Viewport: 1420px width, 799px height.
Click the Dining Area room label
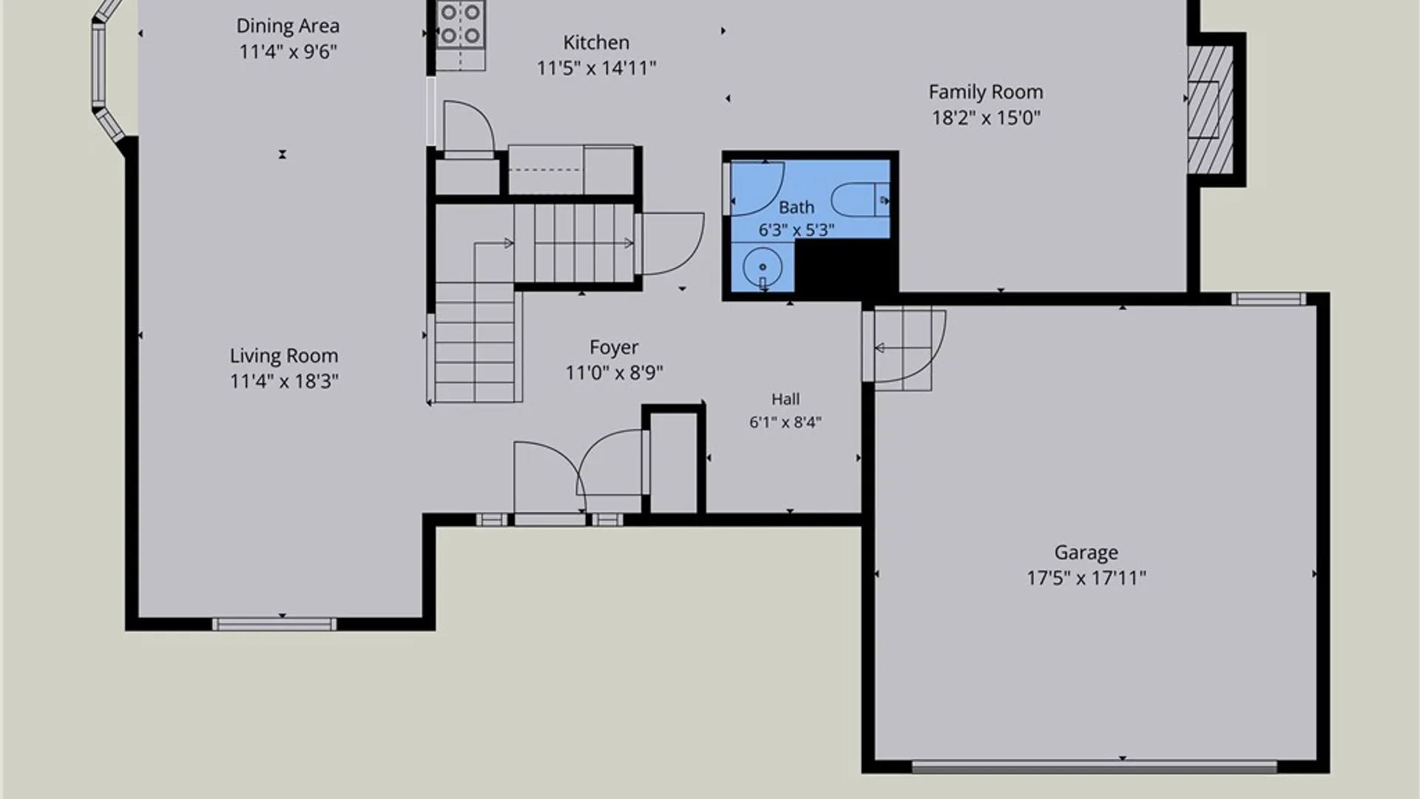[x=288, y=26]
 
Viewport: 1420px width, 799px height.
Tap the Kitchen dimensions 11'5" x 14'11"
[x=596, y=68]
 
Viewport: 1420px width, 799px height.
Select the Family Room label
[x=986, y=92]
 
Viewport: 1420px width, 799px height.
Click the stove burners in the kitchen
[x=460, y=24]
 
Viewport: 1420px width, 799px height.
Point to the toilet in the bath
[x=860, y=199]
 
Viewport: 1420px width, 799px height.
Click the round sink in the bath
[x=762, y=266]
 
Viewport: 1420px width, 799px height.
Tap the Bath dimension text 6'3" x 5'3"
[x=796, y=230]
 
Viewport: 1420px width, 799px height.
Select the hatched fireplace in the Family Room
[x=1210, y=109]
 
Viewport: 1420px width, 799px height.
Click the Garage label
[x=1086, y=553]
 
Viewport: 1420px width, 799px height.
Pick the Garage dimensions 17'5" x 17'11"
[x=1086, y=578]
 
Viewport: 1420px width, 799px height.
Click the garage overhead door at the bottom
[x=1095, y=767]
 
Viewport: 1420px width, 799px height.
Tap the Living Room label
[x=284, y=356]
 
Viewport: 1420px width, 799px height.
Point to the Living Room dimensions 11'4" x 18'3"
[x=284, y=381]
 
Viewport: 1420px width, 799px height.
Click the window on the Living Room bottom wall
[x=274, y=624]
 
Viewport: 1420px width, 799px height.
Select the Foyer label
[x=614, y=347]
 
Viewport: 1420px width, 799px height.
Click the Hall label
[x=785, y=399]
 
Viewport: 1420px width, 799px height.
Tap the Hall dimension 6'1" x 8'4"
[x=785, y=422]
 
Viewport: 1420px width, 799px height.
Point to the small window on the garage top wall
[x=1268, y=299]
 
